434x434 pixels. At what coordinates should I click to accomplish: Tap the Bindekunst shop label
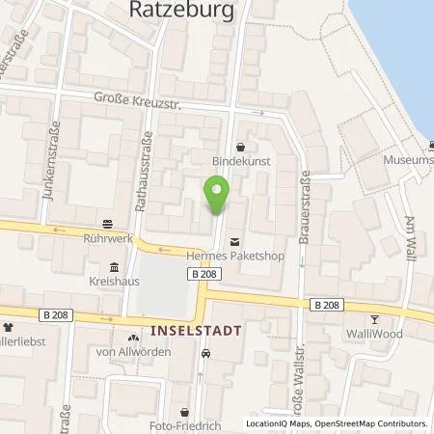tap(240, 163)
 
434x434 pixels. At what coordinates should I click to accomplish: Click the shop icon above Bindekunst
tap(240, 147)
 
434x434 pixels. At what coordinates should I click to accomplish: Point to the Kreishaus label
tap(114, 284)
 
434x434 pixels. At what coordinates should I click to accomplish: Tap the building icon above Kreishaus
tap(114, 267)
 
